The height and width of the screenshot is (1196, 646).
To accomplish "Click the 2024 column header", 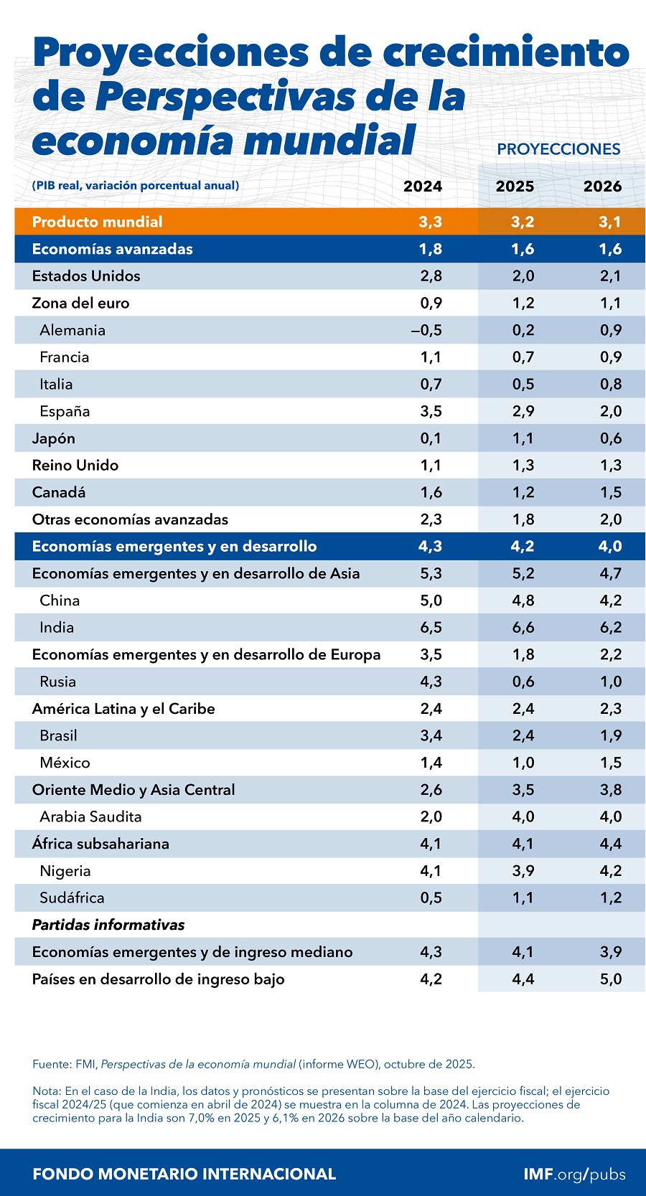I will (422, 187).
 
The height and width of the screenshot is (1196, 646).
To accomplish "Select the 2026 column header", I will (601, 187).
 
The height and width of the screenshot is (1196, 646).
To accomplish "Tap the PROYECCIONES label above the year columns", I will (558, 149).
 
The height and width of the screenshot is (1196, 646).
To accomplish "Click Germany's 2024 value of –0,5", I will (426, 331).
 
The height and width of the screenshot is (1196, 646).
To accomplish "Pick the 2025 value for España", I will (523, 412).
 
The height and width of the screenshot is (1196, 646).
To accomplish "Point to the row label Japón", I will (53, 438).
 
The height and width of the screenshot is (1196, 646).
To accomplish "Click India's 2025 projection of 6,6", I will (523, 628).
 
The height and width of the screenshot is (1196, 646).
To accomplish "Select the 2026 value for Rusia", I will (610, 682).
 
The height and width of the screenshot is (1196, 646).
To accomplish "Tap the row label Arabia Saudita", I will (90, 816).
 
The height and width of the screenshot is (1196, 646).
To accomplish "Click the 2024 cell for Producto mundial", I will (430, 222).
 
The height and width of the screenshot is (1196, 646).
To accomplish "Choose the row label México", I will (65, 763).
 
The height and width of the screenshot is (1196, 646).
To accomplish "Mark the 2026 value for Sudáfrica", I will (610, 898).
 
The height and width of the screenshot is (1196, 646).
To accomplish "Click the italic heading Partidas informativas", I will (108, 925).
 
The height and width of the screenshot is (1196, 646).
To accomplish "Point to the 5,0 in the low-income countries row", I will (610, 979).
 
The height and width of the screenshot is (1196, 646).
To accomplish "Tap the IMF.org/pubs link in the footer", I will (574, 1174).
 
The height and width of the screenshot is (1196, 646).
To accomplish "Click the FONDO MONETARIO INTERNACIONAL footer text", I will (184, 1174).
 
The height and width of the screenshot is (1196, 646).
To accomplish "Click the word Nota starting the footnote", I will (46, 1091).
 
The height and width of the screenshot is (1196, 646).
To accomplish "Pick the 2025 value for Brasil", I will (523, 735).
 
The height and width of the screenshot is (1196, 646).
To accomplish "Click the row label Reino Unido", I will (75, 466).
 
